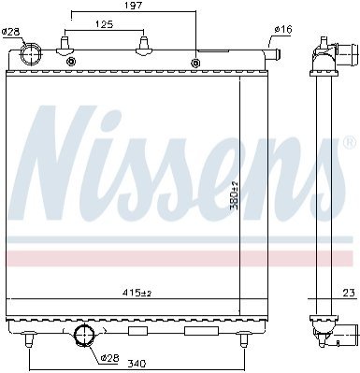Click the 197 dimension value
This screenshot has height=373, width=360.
(x=134, y=6)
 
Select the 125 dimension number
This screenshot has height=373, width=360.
(x=104, y=24)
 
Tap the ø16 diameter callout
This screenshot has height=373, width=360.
(x=283, y=29)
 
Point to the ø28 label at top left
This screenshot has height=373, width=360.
(x=10, y=31)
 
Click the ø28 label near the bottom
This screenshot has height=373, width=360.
(x=109, y=358)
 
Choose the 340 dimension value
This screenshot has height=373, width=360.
(x=137, y=364)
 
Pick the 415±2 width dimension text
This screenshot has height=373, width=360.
(x=137, y=293)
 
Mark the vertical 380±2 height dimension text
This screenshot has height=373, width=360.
(x=234, y=195)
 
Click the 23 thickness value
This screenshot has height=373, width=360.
(x=349, y=293)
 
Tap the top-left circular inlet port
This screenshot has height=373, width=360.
(x=30, y=54)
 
